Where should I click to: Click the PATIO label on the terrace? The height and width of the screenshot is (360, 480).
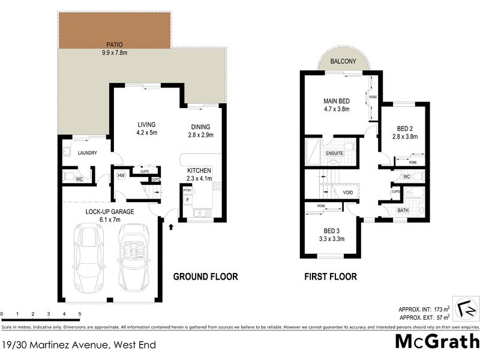coord(116,44)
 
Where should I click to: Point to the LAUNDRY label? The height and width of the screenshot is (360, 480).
coord(87,153)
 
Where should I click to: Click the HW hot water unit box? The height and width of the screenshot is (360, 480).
coord(121,175)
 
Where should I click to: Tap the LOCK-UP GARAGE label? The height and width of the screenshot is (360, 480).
coord(109,212)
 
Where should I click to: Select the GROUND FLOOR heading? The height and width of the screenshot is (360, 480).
coord(205,277)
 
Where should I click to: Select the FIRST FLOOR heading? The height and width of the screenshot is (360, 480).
coord(331,277)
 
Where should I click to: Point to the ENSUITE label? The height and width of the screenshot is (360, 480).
coord(334,153)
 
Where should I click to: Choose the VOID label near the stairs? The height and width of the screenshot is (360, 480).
coord(347,193)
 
